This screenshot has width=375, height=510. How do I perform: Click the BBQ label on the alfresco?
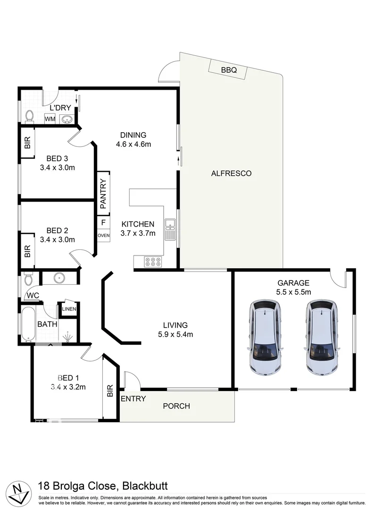pyautogui.click(x=229, y=70)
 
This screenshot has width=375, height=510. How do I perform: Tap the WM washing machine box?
pyautogui.click(x=50, y=119)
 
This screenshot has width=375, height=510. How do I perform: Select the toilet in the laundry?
pyautogui.click(x=30, y=116)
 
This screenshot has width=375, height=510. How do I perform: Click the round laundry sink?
pyautogui.click(x=67, y=119)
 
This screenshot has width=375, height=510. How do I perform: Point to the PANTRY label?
pyautogui.click(x=103, y=194)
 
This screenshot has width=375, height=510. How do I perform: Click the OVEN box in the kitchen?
pyautogui.click(x=104, y=236)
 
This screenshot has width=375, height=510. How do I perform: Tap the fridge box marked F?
pyautogui.click(x=104, y=223)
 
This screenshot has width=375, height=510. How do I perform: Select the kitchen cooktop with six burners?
pyautogui.click(x=153, y=262)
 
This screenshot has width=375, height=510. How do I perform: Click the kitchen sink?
pyautogui.click(x=170, y=229)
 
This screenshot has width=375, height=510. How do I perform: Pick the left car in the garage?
pyautogui.click(x=265, y=337)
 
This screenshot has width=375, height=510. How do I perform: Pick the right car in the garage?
pyautogui.click(x=322, y=337)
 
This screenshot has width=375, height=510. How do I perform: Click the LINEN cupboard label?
pyautogui.click(x=69, y=309)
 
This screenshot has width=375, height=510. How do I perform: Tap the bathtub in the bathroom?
pyautogui.click(x=28, y=324)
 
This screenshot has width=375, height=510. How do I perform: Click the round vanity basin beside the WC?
pyautogui.click(x=59, y=278)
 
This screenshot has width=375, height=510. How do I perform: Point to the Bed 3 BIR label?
pyautogui.click(x=27, y=143)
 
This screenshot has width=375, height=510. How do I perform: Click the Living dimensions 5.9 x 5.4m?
pyautogui.click(x=175, y=334)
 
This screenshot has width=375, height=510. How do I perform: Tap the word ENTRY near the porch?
pyautogui.click(x=133, y=399)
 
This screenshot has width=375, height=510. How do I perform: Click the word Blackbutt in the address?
pyautogui.click(x=145, y=486)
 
